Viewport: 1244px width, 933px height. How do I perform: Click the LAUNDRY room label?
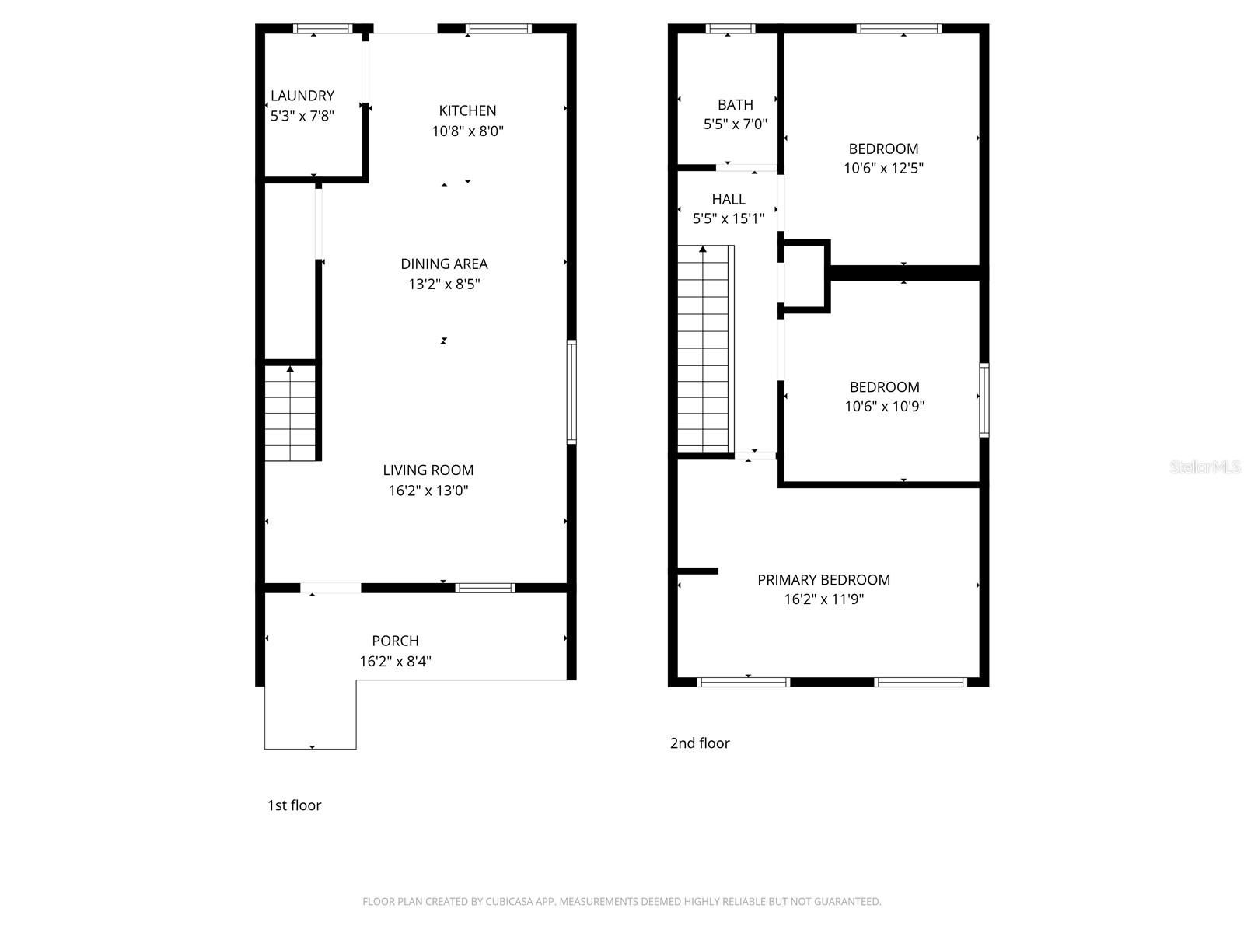302,96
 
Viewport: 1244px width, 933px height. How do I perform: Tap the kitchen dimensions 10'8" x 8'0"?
467,131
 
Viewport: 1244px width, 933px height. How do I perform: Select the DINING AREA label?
444,264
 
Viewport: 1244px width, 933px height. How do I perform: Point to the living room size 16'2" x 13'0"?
428,491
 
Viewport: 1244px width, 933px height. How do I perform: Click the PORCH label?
395,641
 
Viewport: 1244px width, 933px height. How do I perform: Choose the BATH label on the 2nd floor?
735,104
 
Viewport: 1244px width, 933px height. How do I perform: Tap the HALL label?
729,200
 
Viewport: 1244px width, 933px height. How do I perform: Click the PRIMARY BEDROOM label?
823,580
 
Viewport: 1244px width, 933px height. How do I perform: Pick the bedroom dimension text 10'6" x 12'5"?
883,168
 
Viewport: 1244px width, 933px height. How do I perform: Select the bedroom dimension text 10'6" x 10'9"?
884,406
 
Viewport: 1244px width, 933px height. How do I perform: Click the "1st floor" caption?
294,805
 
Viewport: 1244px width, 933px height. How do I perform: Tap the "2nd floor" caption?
700,743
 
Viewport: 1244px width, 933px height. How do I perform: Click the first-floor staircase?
290,413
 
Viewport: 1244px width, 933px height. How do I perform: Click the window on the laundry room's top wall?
322,30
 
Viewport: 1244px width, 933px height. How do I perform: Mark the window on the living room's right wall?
571,392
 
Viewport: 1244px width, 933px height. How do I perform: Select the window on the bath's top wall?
730,30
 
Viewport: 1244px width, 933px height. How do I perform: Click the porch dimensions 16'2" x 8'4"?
395,662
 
